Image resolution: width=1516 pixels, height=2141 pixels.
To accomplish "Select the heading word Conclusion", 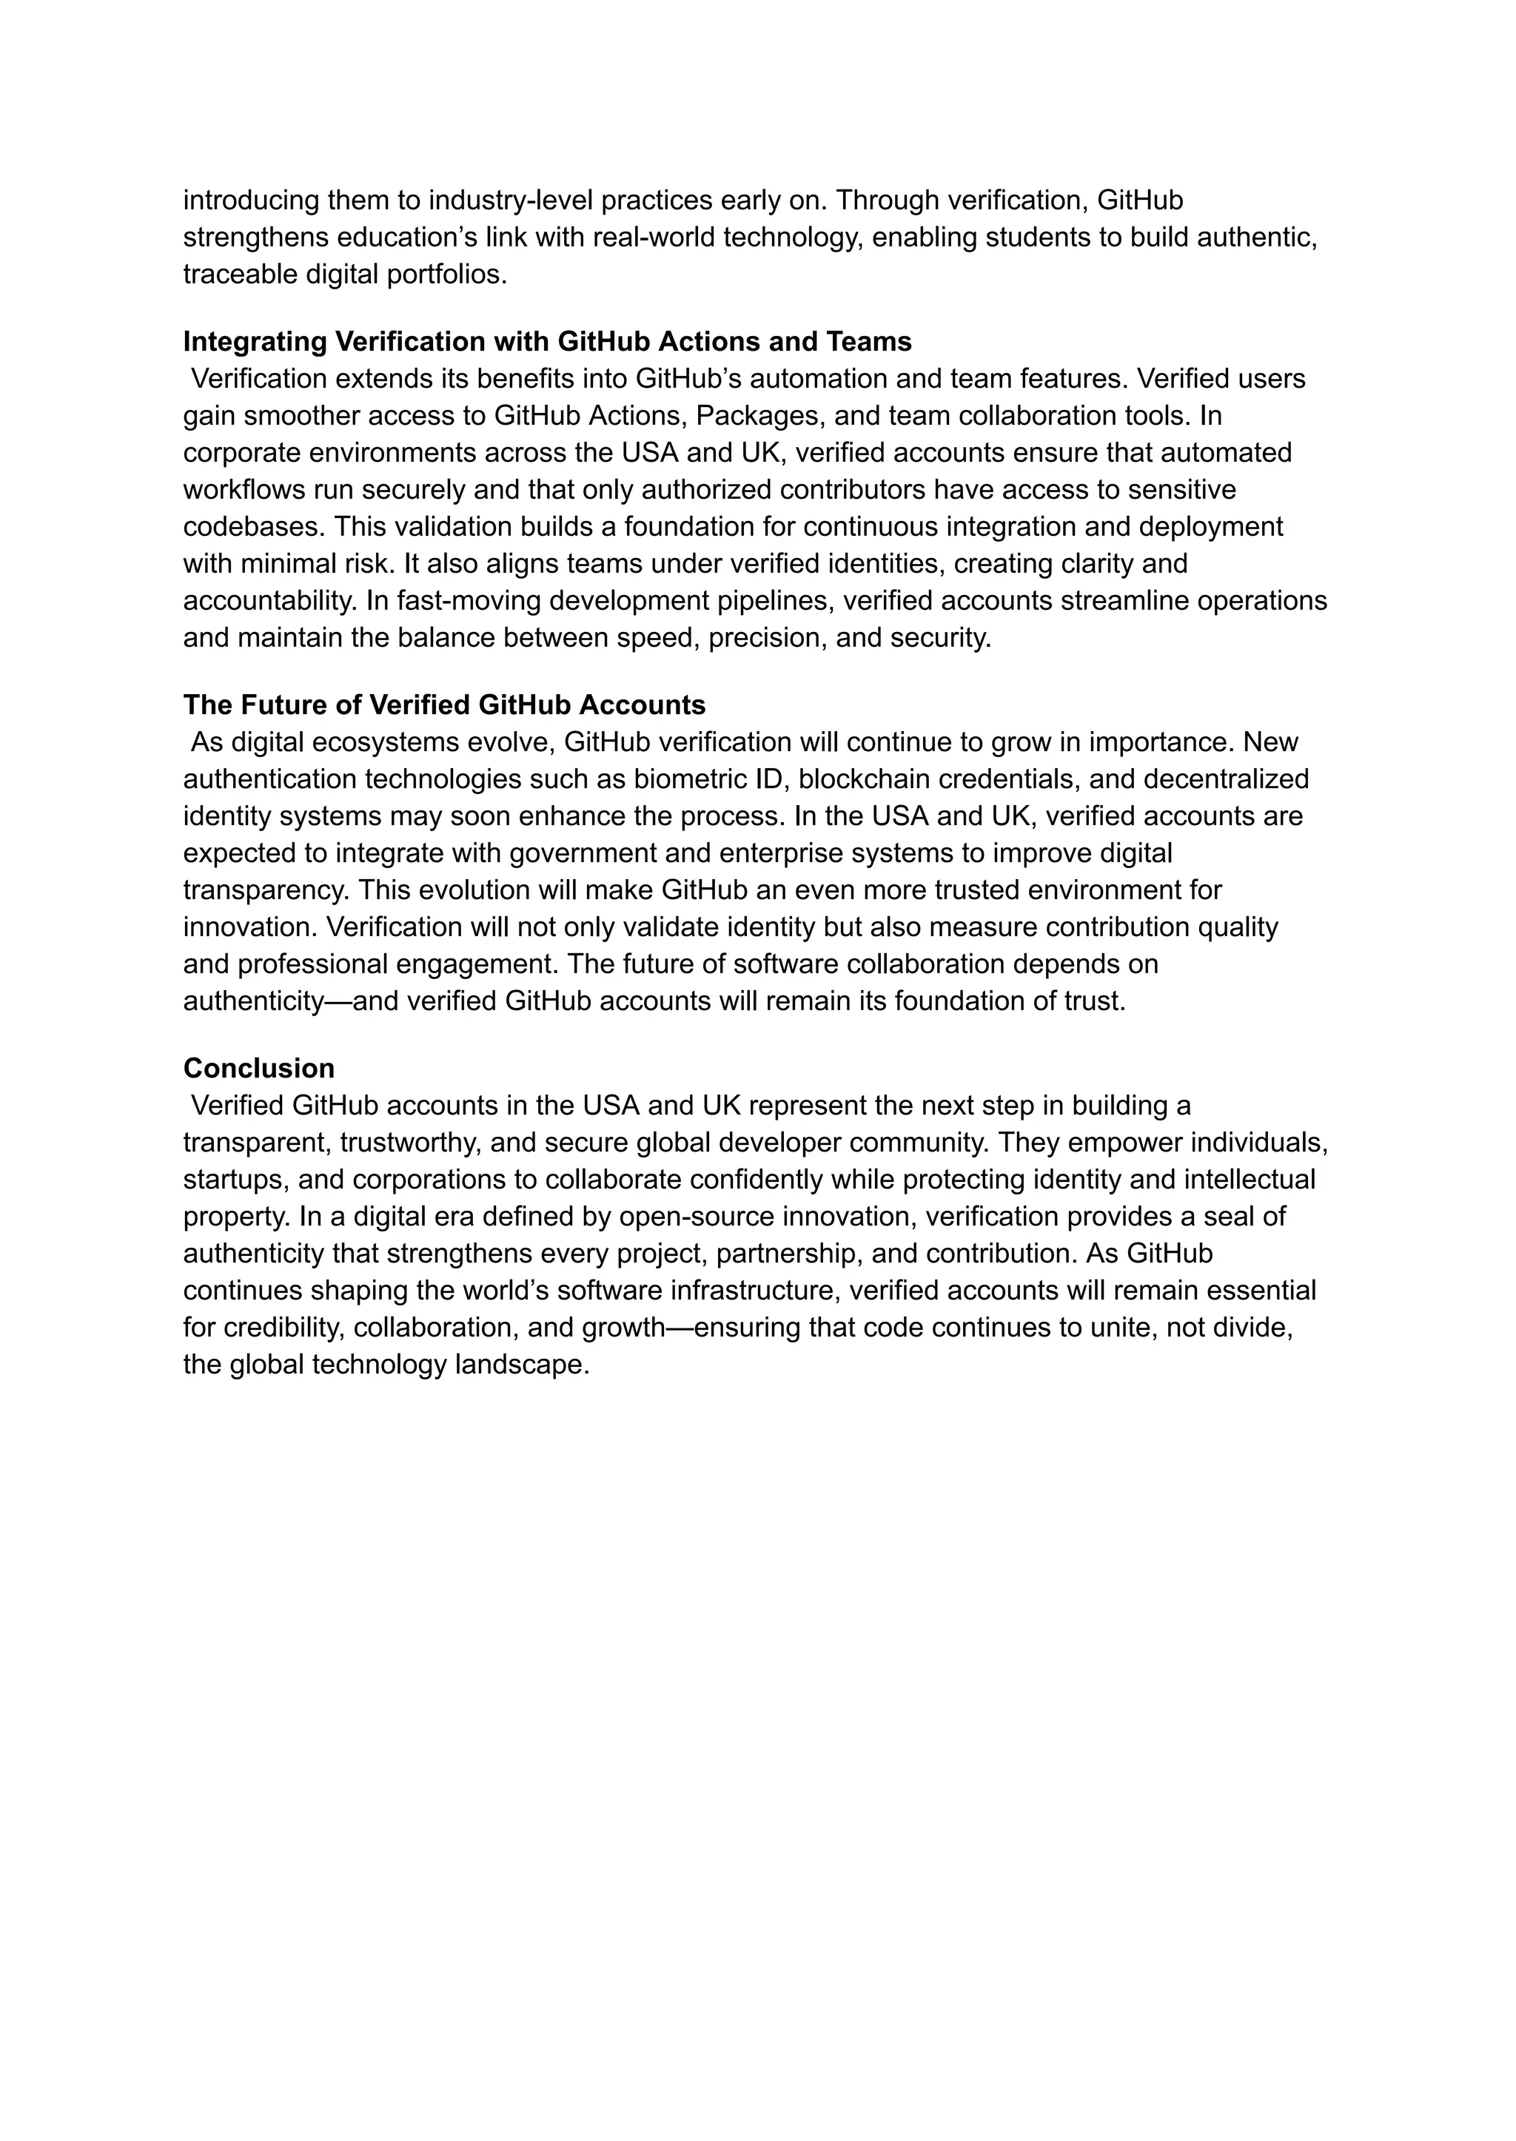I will [258, 1068].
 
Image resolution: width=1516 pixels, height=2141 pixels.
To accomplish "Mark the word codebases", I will [254, 528].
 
